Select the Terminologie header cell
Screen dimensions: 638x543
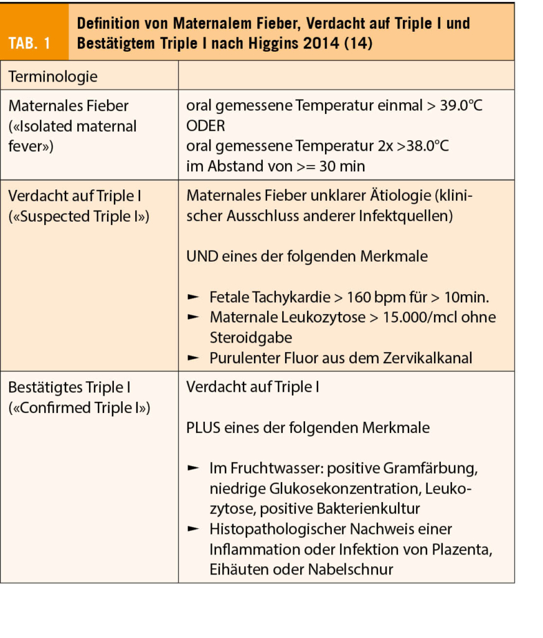click(52, 77)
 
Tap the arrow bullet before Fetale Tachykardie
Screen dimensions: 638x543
click(194, 297)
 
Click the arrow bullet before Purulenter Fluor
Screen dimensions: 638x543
click(194, 358)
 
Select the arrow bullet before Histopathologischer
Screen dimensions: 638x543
click(194, 530)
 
